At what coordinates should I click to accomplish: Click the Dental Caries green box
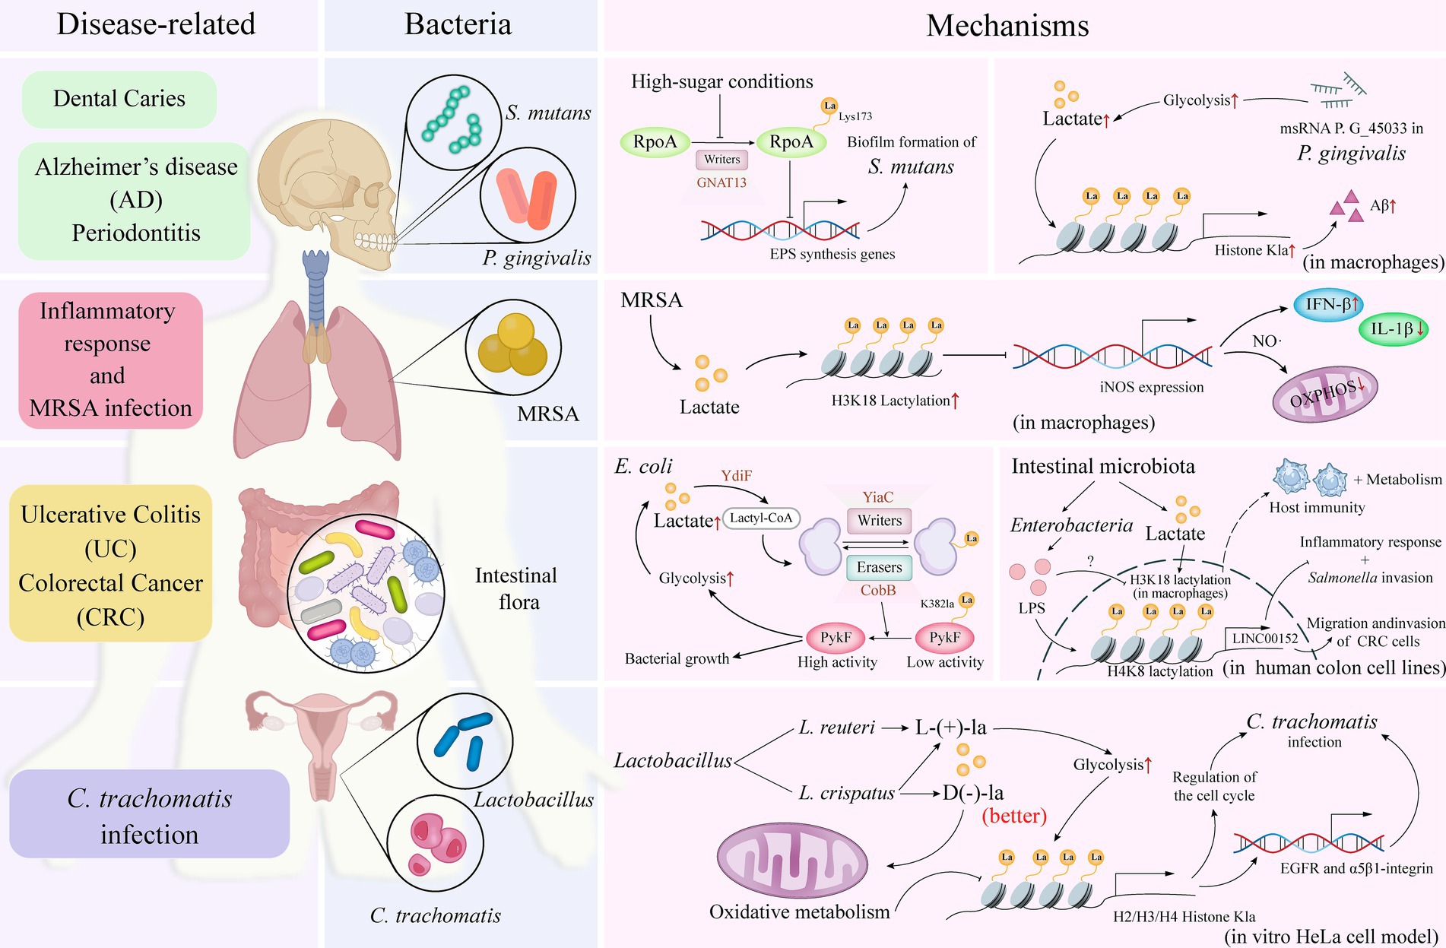119,99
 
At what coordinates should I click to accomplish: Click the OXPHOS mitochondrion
1324,394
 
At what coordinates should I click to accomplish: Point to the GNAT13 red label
721,182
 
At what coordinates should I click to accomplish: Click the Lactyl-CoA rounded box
761,518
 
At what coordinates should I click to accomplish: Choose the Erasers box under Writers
879,567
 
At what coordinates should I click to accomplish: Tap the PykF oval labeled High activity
836,637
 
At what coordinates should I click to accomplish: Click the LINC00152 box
1265,639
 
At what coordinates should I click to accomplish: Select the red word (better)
1014,816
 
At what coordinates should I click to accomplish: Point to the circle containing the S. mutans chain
453,122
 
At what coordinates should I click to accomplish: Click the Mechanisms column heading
1007,26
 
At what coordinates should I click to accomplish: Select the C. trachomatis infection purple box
149,814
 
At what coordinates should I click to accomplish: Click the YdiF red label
736,476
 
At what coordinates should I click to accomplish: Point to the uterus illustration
322,734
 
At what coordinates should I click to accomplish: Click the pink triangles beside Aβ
1346,208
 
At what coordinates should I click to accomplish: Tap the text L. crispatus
846,793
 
